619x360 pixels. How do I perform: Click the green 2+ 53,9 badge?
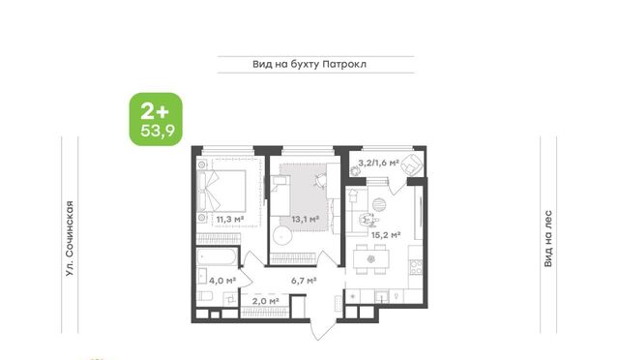156,119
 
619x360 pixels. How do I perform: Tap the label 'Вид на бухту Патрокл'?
309,64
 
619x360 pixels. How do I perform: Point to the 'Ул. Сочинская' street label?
70,238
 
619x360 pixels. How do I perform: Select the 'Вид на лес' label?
548,238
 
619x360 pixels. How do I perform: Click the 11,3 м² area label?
230,219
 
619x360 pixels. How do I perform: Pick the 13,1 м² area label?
306,219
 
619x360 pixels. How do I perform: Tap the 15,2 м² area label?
386,235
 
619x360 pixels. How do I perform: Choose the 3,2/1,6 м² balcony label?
378,163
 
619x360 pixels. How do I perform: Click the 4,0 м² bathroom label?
222,281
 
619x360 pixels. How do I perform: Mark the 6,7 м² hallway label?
304,281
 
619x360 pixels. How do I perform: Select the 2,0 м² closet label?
265,301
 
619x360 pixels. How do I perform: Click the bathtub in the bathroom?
217,257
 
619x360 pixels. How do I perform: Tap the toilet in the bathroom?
205,295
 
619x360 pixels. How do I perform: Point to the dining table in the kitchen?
371,259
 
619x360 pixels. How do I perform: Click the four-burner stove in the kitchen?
416,267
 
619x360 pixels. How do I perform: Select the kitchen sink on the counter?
381,296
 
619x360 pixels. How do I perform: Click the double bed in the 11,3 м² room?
221,191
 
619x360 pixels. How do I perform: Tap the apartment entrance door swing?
319,323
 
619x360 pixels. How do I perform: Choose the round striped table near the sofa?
378,204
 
